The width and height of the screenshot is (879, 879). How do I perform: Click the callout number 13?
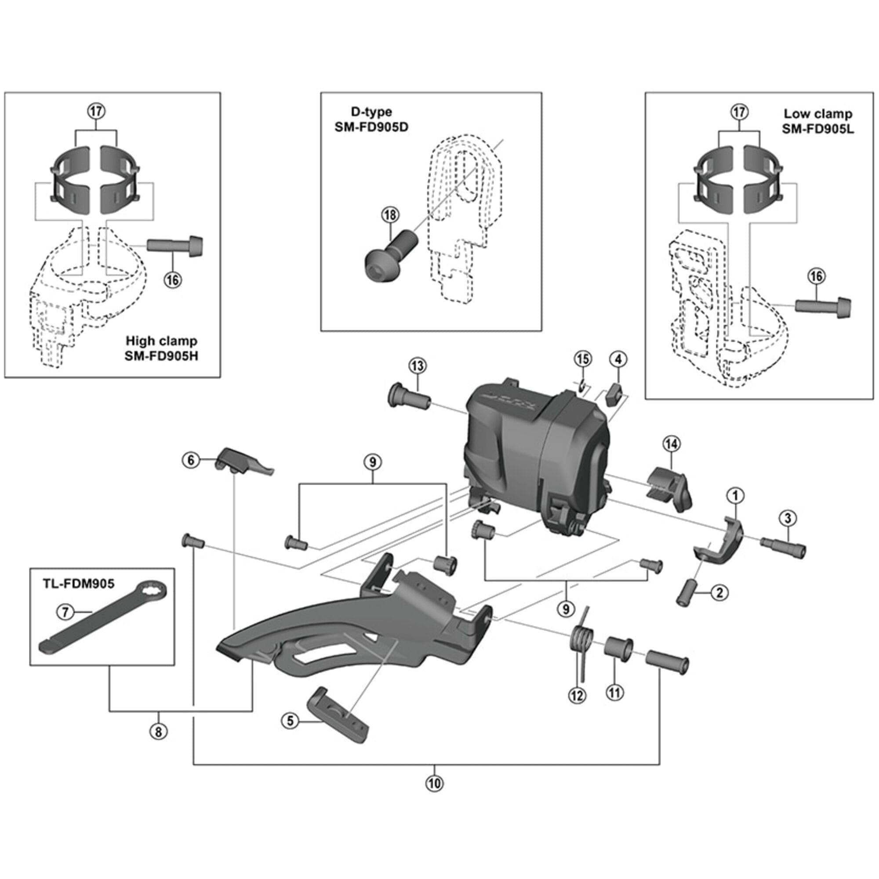click(x=417, y=365)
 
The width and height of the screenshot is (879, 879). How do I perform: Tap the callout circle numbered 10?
click(x=435, y=784)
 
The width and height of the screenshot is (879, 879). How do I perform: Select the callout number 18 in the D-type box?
click(x=390, y=215)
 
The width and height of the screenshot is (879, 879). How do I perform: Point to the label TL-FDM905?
click(x=79, y=584)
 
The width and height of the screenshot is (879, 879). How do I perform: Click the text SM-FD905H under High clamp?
click(x=161, y=356)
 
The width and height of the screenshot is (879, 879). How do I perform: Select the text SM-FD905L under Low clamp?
click(x=817, y=129)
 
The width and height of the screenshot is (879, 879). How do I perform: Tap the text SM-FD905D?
click(x=371, y=127)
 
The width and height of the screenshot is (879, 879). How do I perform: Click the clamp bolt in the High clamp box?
click(x=175, y=245)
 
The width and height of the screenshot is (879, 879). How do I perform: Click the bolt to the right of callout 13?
click(x=409, y=400)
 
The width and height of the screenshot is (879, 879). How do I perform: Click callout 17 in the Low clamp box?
click(x=739, y=112)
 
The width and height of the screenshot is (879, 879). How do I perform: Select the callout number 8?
click(x=158, y=732)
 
